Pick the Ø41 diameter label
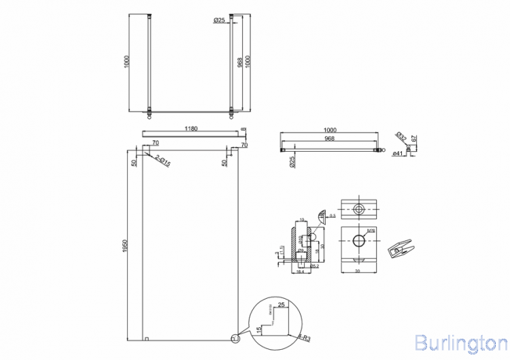(x=399, y=154)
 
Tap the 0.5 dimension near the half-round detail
(x=333, y=216)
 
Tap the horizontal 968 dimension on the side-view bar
(x=329, y=140)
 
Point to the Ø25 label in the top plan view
(x=219, y=21)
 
